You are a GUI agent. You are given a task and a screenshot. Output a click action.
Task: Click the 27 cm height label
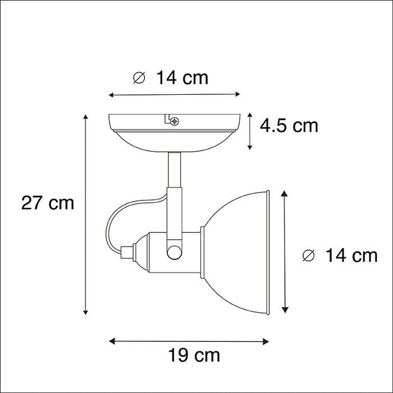click(x=48, y=203)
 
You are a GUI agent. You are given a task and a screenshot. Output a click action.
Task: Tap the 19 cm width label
click(x=194, y=355)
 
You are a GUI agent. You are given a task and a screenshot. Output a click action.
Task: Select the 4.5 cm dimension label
click(x=289, y=126)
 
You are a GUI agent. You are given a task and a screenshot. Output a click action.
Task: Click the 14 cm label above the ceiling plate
click(x=182, y=77)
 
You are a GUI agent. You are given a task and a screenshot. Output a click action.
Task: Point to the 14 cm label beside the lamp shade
click(x=351, y=255)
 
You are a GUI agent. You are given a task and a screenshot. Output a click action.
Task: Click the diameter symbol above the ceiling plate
click(x=139, y=77)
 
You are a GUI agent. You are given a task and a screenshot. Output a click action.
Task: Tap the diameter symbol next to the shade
click(x=308, y=255)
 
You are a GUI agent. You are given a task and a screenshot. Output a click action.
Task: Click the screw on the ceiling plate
click(x=175, y=121)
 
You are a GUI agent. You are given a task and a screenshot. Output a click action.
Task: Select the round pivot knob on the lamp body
click(x=174, y=252)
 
